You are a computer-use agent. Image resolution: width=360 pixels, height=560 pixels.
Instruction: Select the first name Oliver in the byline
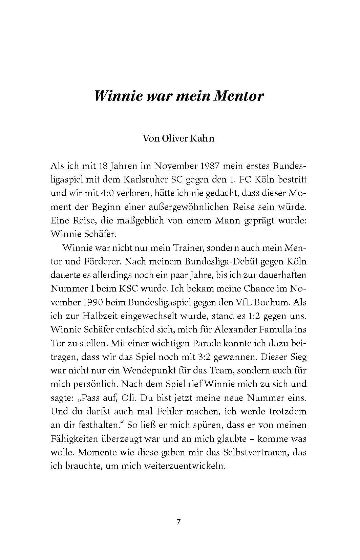169,138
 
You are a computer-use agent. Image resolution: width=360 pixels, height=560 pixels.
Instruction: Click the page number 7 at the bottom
178,522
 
